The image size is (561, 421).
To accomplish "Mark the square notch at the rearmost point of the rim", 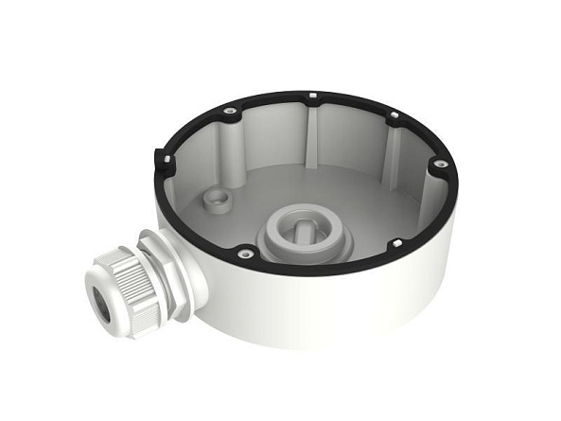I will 311,95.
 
